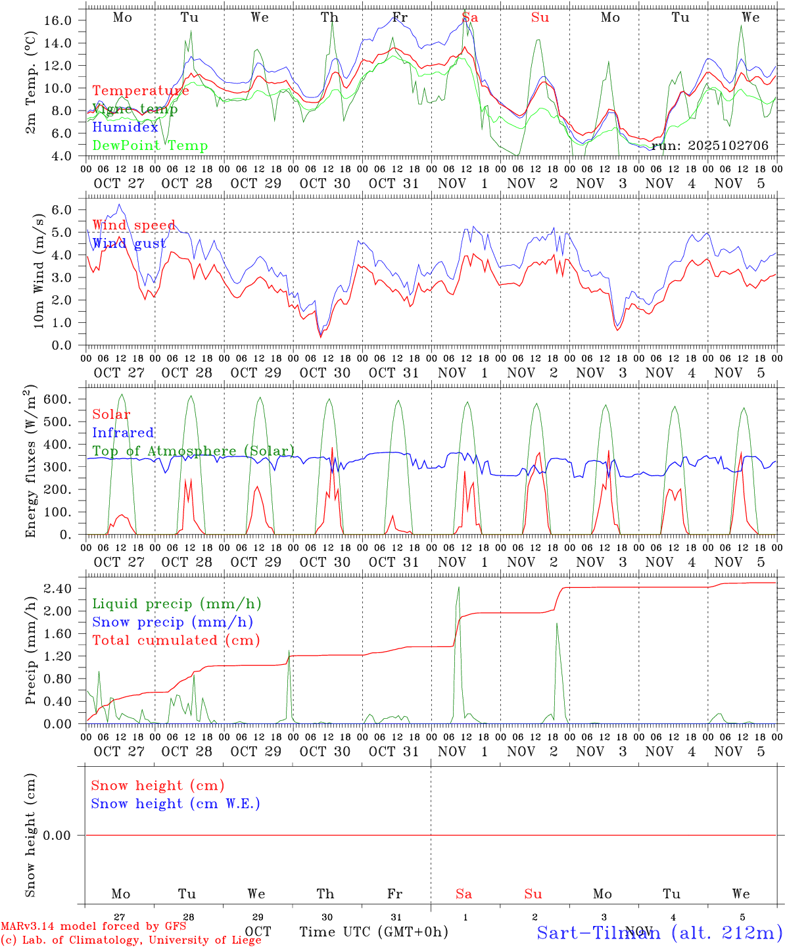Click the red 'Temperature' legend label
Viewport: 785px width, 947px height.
tap(141, 91)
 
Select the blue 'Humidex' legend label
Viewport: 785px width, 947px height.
tap(126, 128)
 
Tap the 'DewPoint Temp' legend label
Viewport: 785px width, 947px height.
tap(150, 146)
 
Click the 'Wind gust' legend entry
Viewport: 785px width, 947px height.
tap(129, 244)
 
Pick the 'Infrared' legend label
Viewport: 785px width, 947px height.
tap(123, 433)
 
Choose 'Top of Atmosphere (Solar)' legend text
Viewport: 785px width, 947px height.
tap(193, 451)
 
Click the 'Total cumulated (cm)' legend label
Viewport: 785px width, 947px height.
tap(176, 640)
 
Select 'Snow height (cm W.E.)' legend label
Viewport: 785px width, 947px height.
tap(176, 804)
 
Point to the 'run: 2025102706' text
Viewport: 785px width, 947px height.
tap(709, 145)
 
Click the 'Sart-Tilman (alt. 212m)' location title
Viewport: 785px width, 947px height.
tap(659, 932)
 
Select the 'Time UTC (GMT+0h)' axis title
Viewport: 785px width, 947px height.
tap(373, 932)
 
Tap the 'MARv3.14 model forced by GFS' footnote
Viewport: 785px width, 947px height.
tap(93, 927)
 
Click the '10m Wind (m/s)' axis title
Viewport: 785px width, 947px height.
tap(39, 270)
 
